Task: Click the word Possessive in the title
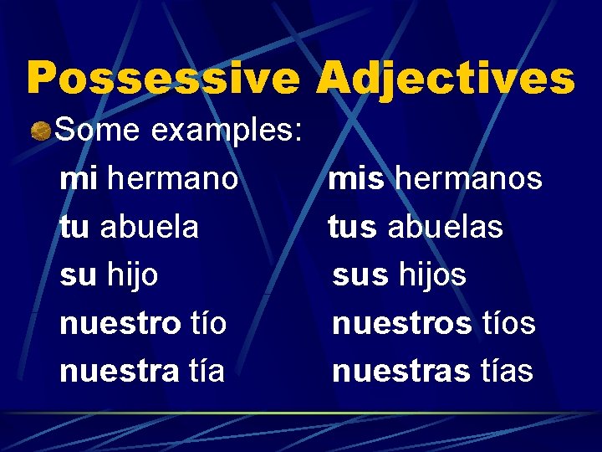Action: pos(163,79)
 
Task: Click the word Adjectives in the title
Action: pos(445,79)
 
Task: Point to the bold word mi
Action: pos(79,178)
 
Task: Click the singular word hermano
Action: pos(173,178)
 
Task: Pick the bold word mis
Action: pos(356,178)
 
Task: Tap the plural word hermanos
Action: pos(468,178)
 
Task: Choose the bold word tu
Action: pos(75,226)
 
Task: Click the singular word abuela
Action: pos(149,226)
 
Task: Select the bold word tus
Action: pos(352,226)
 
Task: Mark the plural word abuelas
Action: pos(445,226)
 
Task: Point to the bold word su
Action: pos(77,275)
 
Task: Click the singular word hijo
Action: pos(133,275)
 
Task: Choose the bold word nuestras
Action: pos(400,370)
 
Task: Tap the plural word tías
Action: pos(506,370)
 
